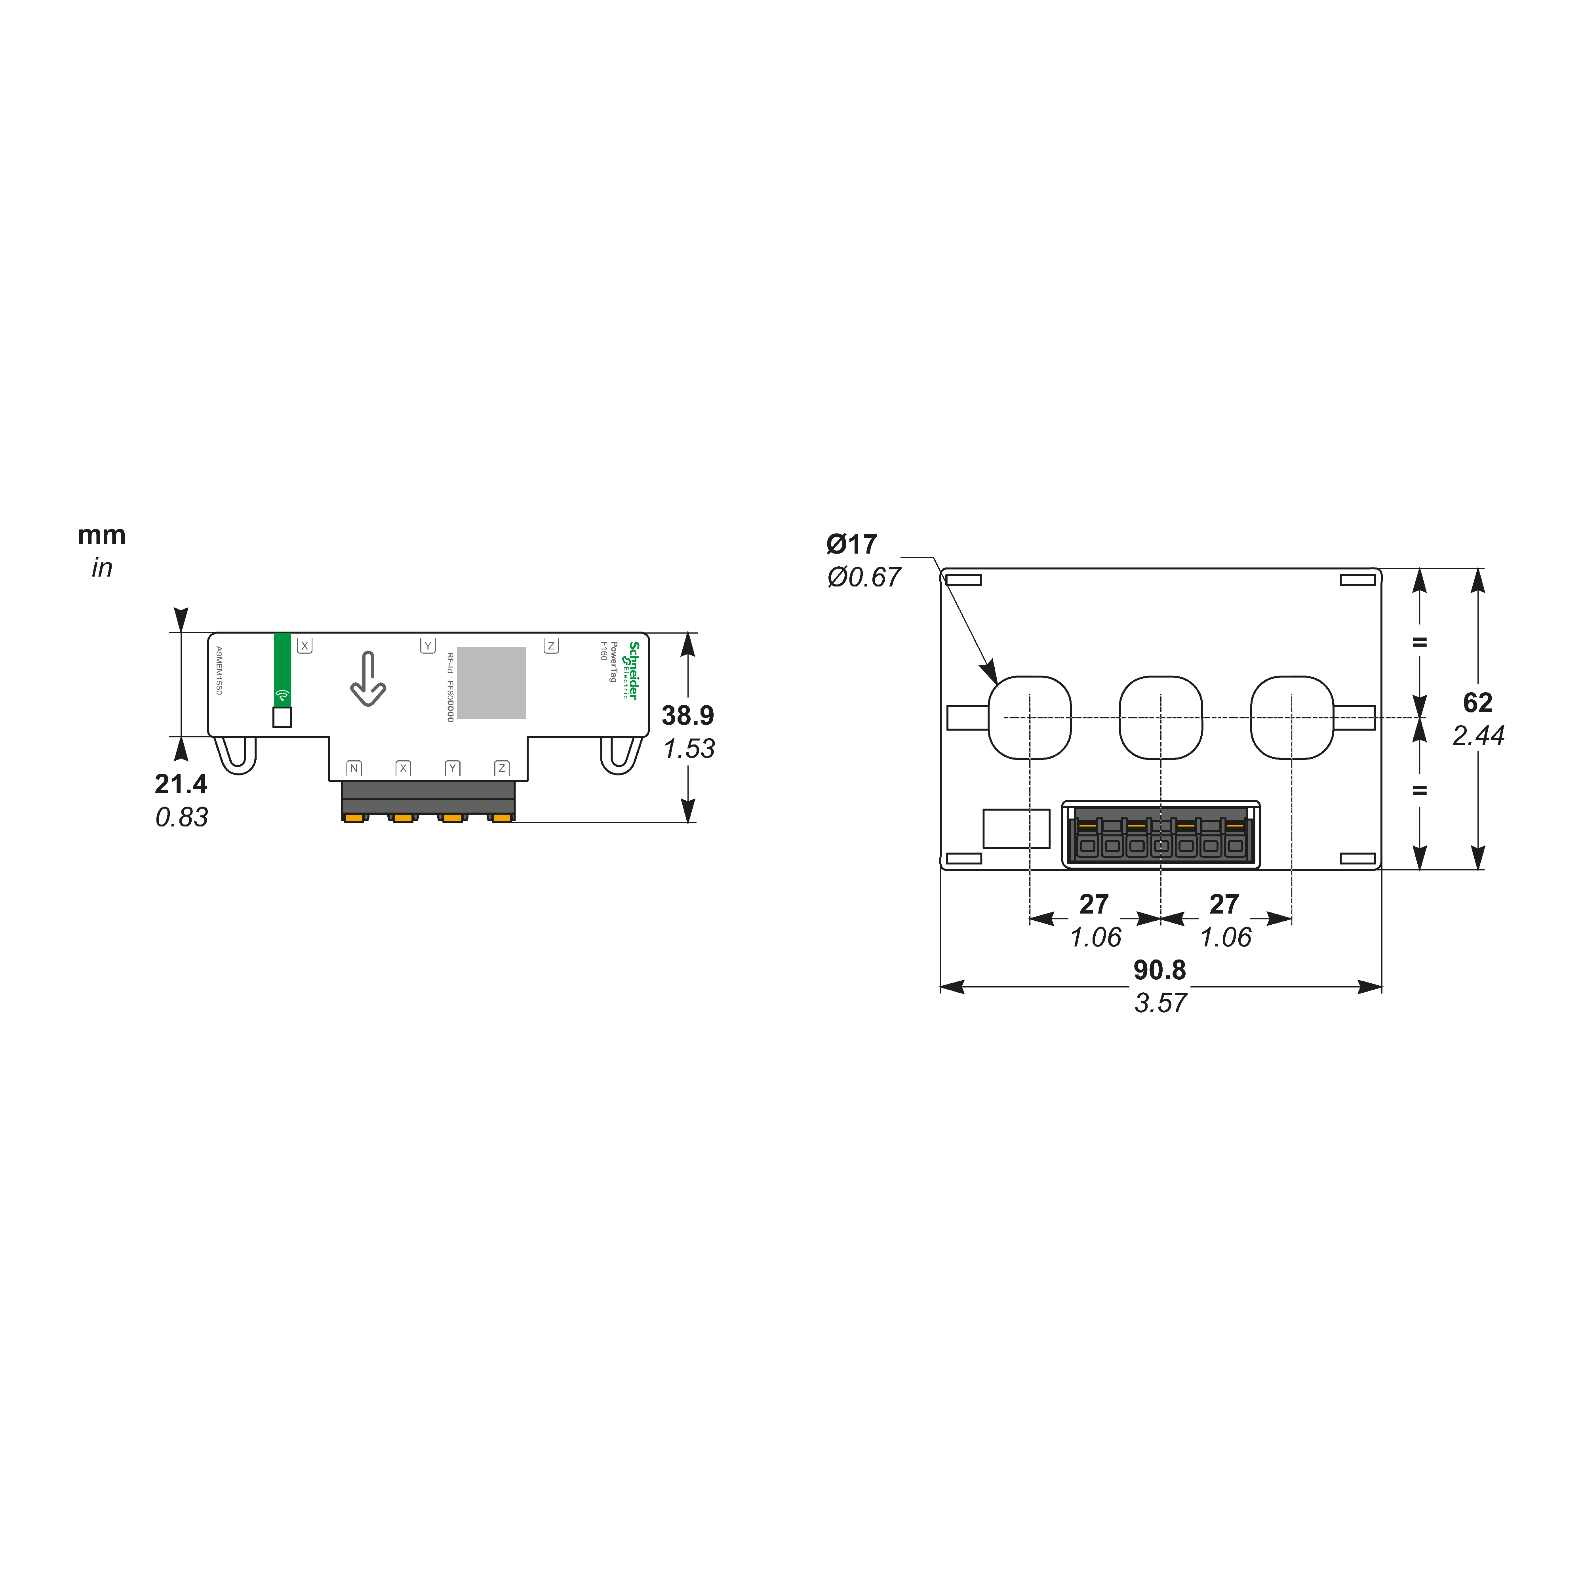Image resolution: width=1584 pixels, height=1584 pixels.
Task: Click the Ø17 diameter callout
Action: click(x=851, y=544)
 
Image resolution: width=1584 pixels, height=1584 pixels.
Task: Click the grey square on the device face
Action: click(x=491, y=683)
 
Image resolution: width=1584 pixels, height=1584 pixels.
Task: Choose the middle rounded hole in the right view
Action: click(x=1160, y=718)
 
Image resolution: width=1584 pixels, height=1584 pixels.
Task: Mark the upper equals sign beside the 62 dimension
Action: click(x=1419, y=642)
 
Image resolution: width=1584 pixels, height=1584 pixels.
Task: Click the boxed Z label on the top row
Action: click(x=551, y=646)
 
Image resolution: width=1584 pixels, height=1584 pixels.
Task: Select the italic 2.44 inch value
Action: click(x=1477, y=735)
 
